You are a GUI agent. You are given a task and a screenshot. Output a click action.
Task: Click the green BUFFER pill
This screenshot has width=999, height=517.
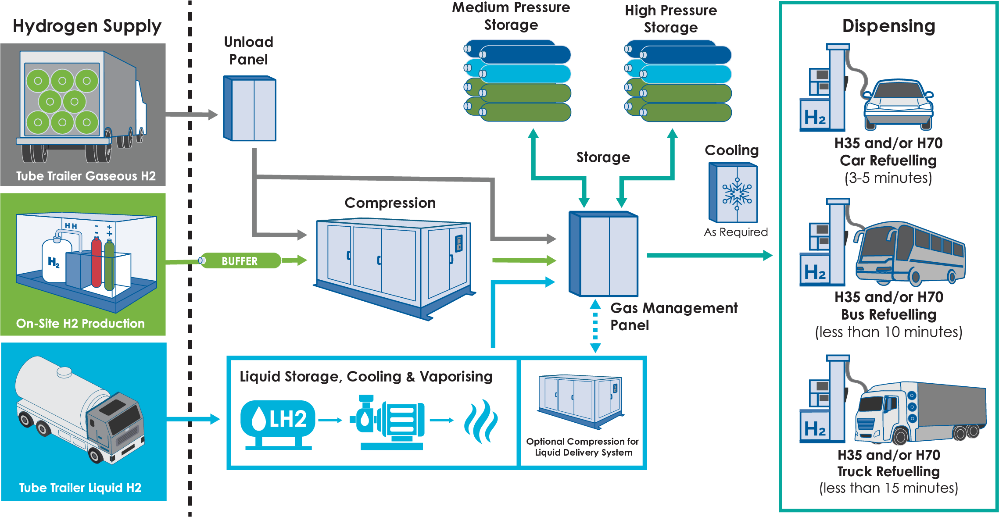point(240,260)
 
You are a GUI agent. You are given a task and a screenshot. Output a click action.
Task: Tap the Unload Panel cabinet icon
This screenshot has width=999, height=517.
point(250,108)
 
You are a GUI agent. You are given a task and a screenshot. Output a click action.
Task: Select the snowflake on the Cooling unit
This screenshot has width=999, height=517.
point(737,194)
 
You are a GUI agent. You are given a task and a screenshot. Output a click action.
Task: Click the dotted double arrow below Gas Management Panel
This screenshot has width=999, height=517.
point(595,326)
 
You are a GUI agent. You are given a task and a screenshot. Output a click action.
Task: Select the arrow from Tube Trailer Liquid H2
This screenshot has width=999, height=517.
point(193,419)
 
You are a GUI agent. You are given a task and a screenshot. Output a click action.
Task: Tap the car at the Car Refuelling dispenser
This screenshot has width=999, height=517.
point(899,104)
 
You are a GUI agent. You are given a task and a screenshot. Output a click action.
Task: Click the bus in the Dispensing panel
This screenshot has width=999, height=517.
point(910,253)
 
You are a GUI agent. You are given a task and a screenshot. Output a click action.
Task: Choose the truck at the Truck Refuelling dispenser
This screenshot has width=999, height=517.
point(920,412)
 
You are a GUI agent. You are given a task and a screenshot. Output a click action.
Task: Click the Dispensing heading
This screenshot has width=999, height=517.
point(889,26)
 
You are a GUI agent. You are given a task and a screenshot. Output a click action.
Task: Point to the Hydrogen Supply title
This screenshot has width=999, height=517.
point(87,26)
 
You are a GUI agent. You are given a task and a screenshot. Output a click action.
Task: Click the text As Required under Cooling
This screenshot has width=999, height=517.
point(736,232)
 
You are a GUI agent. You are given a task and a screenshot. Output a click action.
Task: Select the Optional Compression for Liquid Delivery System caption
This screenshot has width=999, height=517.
point(583,447)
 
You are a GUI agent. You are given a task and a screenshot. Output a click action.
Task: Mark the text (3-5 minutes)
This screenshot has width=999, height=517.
point(888,178)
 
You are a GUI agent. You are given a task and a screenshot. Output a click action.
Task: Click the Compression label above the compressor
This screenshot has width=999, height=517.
point(390,203)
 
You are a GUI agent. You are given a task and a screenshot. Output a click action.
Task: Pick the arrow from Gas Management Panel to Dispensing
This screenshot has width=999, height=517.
point(710,255)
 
